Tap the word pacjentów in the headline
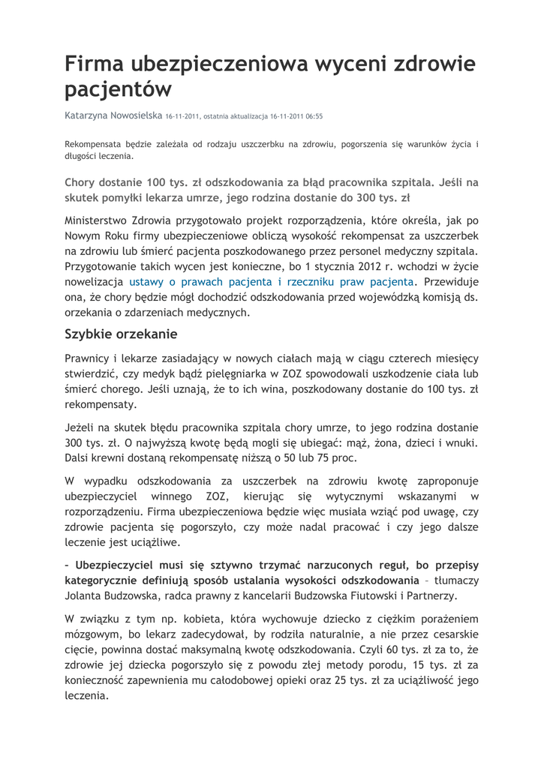pos(118,91)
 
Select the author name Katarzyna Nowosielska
pos(113,116)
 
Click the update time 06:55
pos(314,117)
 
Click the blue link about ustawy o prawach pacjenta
pos(272,282)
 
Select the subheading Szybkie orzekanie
pos(121,334)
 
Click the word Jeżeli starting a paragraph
pos(80,427)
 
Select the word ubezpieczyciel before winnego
pos(100,496)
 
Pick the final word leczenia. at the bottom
pos(87,695)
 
